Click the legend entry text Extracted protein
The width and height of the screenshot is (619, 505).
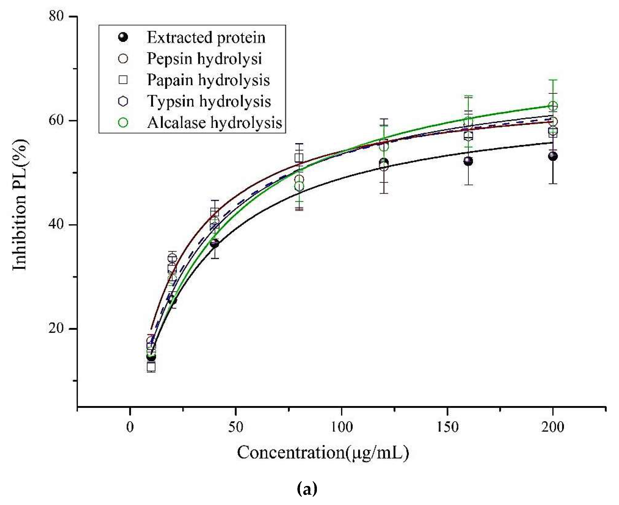[x=206, y=38]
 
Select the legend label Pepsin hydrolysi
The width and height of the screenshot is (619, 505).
[x=204, y=59]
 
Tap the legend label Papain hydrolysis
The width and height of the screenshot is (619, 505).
[x=208, y=80]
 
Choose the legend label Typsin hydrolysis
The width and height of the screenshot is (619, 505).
[x=209, y=101]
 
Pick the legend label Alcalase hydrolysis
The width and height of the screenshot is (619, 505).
[x=214, y=122]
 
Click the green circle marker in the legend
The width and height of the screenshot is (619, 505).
[x=123, y=122]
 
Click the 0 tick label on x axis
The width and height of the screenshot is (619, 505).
[x=130, y=427]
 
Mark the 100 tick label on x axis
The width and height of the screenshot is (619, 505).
[x=341, y=427]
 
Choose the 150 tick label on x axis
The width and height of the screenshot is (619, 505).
[x=447, y=427]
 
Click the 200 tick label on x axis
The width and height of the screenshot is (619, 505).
[x=553, y=427]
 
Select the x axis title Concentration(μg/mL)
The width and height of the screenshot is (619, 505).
[x=323, y=453]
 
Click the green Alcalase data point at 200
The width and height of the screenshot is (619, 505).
[x=553, y=106]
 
